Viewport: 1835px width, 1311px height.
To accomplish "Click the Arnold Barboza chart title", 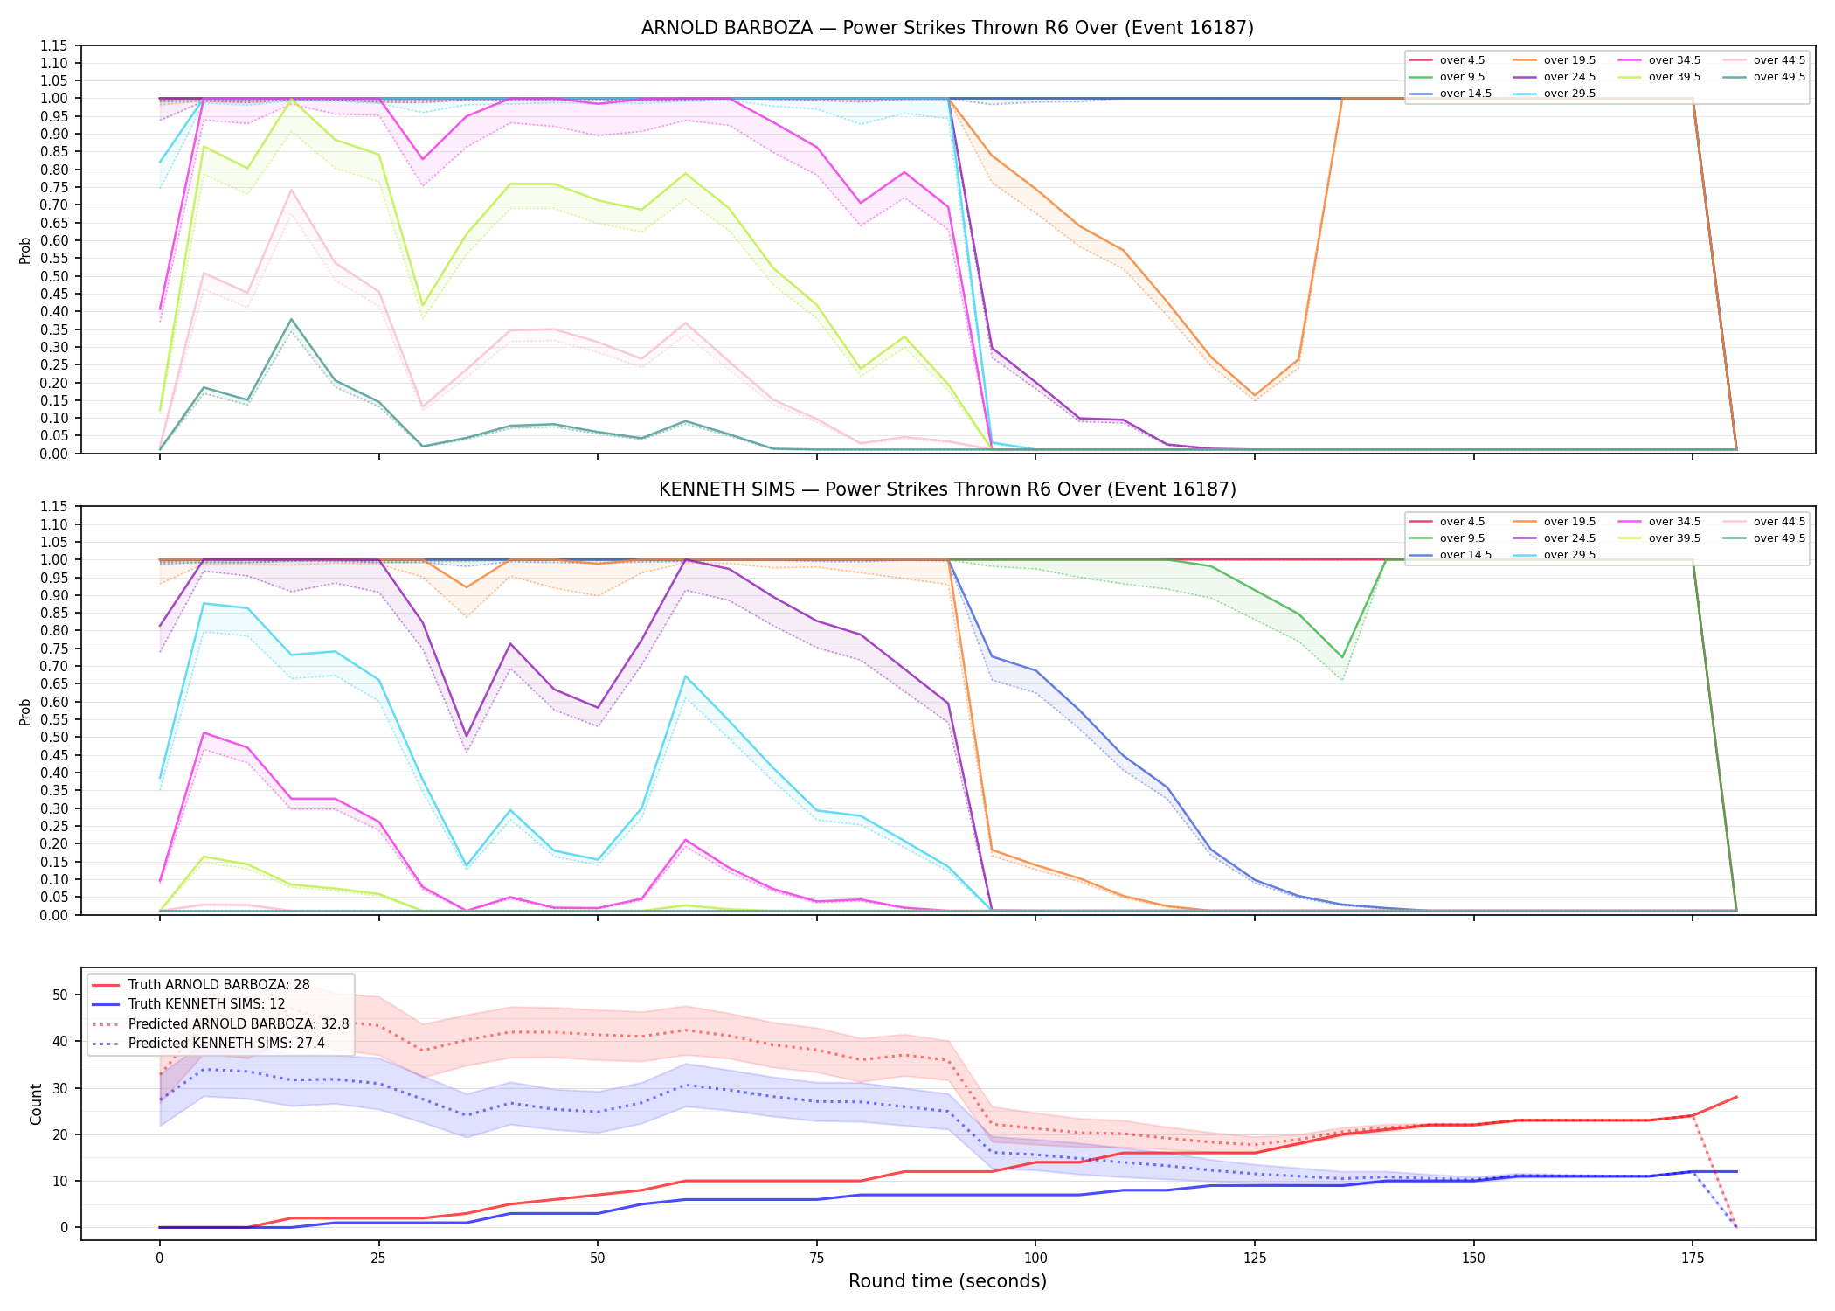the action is coord(947,28).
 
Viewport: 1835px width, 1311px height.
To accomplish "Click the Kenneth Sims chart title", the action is coord(947,489).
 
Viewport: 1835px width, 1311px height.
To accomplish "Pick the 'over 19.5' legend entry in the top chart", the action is coord(1555,60).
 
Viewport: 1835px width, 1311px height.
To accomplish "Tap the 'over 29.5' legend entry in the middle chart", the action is coord(1555,555).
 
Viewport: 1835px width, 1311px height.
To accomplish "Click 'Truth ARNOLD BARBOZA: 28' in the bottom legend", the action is coord(201,985).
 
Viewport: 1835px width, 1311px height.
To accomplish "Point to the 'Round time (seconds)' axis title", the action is coord(947,1281).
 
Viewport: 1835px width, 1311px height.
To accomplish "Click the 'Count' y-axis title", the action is coord(36,1104).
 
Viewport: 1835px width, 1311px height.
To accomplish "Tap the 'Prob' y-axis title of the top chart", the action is coord(25,250).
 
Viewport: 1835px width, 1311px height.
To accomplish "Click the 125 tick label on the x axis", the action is coord(1254,1259).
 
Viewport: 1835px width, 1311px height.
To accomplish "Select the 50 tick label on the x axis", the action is coord(597,1259).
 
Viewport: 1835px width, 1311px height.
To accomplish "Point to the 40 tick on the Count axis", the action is coord(60,1041).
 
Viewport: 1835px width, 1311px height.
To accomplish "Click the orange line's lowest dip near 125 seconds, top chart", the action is coord(1254,395).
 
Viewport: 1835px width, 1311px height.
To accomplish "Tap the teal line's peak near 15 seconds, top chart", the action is coord(291,319).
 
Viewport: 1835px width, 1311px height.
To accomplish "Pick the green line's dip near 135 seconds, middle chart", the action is coord(1342,657).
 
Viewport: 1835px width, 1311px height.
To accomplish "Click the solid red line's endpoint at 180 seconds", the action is coord(1736,1097).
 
